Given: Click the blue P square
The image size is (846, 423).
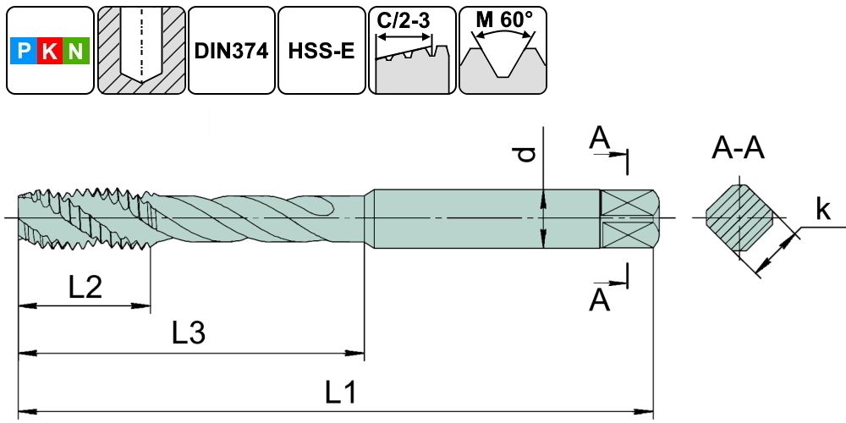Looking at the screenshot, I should point(24,52).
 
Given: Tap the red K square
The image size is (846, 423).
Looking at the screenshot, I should point(50,52).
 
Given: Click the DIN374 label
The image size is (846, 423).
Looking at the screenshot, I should point(231,51).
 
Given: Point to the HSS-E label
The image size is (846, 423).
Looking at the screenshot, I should point(321,51).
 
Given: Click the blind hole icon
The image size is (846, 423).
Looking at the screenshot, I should point(140,51).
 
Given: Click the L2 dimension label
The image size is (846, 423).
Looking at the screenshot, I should point(85,288).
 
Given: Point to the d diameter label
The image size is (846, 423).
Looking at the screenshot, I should point(526,154).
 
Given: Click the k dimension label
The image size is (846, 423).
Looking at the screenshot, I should point(822,210).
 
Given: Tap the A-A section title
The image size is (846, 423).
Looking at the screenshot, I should point(738,150).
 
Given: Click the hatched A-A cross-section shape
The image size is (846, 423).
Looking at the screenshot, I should point(740,219).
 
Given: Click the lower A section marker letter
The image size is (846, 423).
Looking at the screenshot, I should point(600,299).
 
